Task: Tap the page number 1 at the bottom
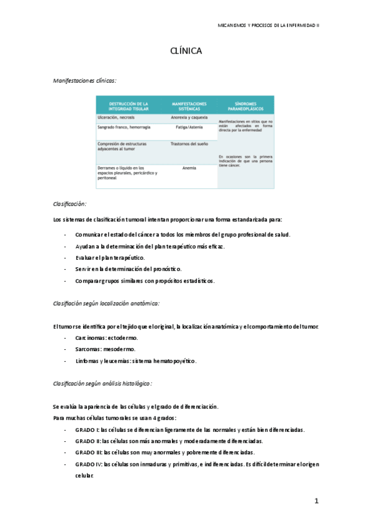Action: pyautogui.click(x=316, y=501)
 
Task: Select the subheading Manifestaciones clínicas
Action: pyautogui.click(x=85, y=80)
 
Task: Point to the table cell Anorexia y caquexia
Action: pyautogui.click(x=189, y=117)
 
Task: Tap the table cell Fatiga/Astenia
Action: pyautogui.click(x=189, y=126)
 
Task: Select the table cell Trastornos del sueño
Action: pyautogui.click(x=189, y=144)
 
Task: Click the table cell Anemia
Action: pyautogui.click(x=189, y=168)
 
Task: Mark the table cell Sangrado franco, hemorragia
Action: pyautogui.click(x=124, y=126)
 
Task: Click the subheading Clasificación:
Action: pyautogui.click(x=70, y=204)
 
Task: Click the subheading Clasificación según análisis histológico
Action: pyautogui.click(x=102, y=383)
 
